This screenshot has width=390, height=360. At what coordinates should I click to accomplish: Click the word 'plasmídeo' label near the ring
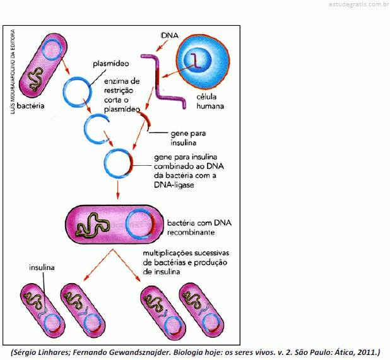click(111, 64)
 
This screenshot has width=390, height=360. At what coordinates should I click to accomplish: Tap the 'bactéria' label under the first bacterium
click(30, 106)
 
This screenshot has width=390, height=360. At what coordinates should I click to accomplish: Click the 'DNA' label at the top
click(169, 35)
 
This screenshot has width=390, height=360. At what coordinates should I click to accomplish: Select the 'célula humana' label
click(210, 102)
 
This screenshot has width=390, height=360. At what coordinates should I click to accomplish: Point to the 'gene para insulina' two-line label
click(188, 138)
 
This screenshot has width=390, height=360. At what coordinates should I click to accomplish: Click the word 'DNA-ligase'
click(174, 185)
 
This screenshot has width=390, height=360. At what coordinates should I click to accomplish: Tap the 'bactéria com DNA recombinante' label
click(199, 228)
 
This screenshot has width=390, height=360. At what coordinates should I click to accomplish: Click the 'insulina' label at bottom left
click(42, 267)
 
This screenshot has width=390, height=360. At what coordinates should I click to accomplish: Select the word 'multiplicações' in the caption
click(168, 253)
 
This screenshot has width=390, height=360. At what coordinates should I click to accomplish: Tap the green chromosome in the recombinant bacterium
click(93, 226)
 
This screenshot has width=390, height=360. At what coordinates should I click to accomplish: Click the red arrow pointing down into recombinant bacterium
click(117, 190)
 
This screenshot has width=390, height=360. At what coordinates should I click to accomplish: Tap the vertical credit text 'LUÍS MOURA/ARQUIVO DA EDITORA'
click(13, 72)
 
